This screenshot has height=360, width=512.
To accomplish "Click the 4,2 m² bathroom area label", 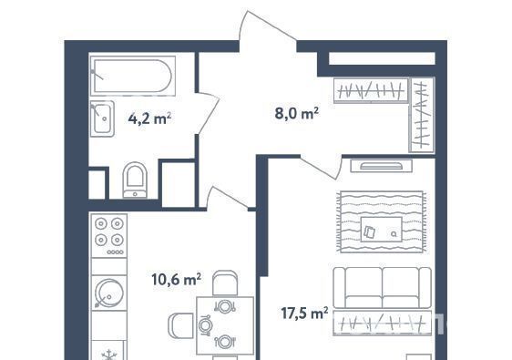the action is [x=150, y=118].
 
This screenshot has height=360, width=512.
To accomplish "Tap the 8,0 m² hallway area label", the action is [x=297, y=113].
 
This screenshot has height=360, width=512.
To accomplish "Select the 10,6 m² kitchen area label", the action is [x=177, y=279].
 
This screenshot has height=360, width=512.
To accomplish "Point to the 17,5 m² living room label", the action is [x=304, y=314].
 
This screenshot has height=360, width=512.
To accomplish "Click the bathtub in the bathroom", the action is [x=133, y=76].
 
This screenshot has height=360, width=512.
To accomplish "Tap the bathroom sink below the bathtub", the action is [x=102, y=118].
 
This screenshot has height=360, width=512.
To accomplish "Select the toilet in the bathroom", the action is [x=135, y=180].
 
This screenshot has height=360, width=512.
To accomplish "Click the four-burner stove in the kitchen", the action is [x=109, y=236].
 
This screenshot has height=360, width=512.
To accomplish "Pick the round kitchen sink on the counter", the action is [x=109, y=293].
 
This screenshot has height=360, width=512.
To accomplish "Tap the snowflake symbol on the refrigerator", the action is [x=108, y=355].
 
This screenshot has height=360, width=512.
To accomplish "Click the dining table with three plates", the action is [x=225, y=325].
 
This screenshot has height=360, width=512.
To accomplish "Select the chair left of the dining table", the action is [x=180, y=325].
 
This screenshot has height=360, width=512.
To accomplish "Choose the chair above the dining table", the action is [x=225, y=283].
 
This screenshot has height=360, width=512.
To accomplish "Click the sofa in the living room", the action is [x=382, y=288].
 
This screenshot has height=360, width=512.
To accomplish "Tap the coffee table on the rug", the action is [x=381, y=230].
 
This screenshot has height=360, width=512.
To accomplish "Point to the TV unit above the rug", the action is [x=381, y=166].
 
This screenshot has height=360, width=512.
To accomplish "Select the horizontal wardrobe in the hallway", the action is [x=371, y=90].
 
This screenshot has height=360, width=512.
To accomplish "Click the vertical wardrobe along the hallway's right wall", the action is [x=422, y=115].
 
